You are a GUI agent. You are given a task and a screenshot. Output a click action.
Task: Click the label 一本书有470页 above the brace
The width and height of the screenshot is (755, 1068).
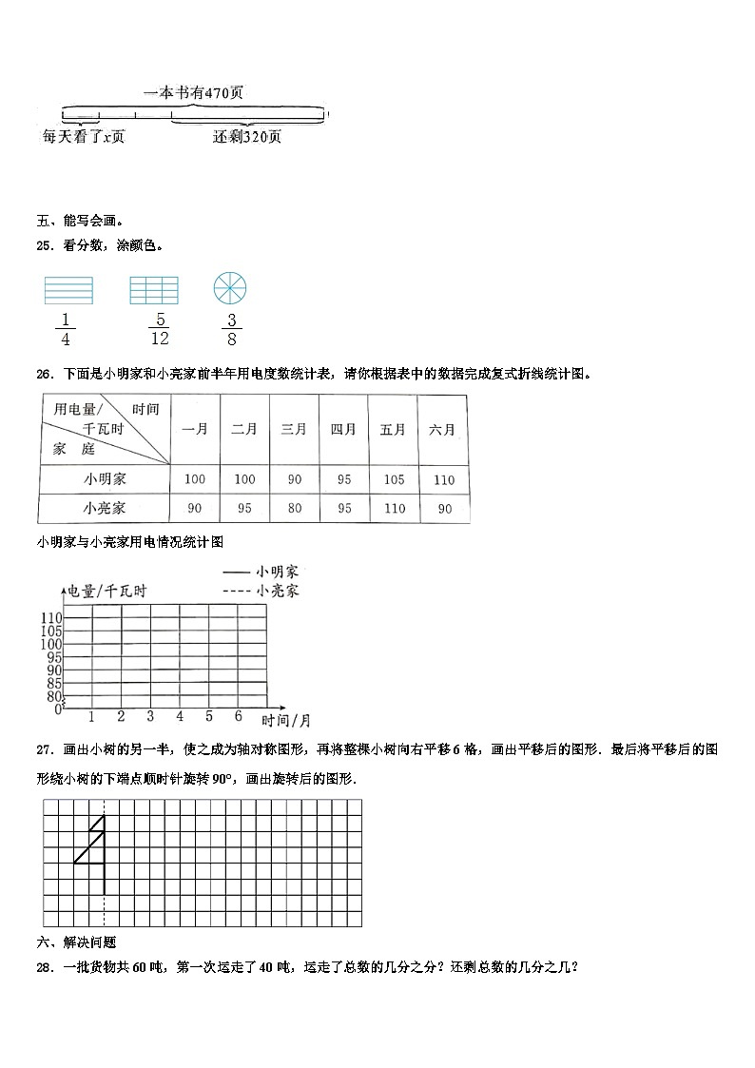point(193,93)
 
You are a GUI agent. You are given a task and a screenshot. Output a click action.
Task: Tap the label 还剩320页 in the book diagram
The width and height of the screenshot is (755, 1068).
point(247,137)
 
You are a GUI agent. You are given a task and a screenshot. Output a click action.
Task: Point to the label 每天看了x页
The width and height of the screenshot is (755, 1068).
point(84,137)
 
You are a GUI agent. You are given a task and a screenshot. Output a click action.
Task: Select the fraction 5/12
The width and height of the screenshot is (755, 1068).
point(159,329)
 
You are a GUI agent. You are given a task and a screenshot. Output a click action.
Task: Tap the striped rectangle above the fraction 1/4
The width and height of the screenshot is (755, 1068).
point(68,289)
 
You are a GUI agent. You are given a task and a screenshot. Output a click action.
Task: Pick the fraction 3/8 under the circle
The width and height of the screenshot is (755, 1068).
point(231,329)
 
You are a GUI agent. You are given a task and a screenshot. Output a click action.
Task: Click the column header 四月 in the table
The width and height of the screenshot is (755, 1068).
point(343,430)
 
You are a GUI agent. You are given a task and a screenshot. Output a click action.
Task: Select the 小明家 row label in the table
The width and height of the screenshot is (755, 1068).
point(104,479)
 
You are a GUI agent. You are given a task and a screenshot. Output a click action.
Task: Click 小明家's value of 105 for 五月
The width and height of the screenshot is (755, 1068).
point(394,479)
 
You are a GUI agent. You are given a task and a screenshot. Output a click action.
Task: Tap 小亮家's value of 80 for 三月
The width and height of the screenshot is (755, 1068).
point(294,509)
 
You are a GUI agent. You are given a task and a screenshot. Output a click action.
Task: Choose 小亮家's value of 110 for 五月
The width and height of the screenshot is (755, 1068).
point(394,509)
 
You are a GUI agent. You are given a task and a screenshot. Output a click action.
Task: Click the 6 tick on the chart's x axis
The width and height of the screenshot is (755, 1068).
point(238,716)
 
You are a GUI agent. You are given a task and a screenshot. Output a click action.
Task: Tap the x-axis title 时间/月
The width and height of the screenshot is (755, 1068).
point(286,720)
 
